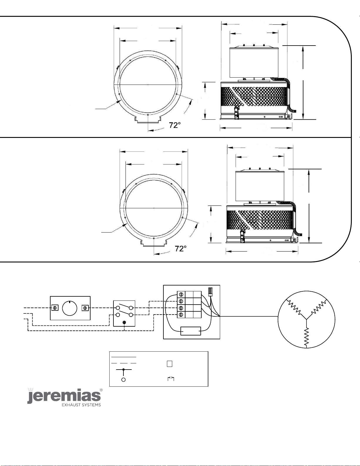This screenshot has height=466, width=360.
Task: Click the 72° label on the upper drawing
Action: coord(175,125)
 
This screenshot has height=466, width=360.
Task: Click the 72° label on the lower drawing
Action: coord(181,248)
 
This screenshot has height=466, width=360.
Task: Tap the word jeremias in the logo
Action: coord(64,396)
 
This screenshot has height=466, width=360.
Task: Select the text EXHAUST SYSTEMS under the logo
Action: coord(81,405)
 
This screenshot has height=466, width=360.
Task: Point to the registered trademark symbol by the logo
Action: coord(101,390)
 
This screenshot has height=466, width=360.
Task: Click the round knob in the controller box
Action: coord(70,308)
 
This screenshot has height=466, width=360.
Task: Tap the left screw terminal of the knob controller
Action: coord(55,308)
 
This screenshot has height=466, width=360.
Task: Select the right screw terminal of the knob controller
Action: coord(85,308)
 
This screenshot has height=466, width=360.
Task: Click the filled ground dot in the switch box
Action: coord(124,322)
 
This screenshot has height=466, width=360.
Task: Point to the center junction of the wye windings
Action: coord(307,319)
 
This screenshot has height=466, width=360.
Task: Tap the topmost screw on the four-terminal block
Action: coord(181,294)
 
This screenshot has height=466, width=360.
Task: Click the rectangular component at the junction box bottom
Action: coord(191,331)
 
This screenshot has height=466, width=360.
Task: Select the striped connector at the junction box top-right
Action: coord(210,292)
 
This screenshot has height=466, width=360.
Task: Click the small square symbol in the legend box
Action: coord(170,364)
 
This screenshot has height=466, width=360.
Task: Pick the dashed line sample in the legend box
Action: coord(124,363)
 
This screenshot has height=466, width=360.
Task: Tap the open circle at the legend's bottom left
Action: coord(123,380)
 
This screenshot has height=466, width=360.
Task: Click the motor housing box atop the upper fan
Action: coord(254,62)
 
